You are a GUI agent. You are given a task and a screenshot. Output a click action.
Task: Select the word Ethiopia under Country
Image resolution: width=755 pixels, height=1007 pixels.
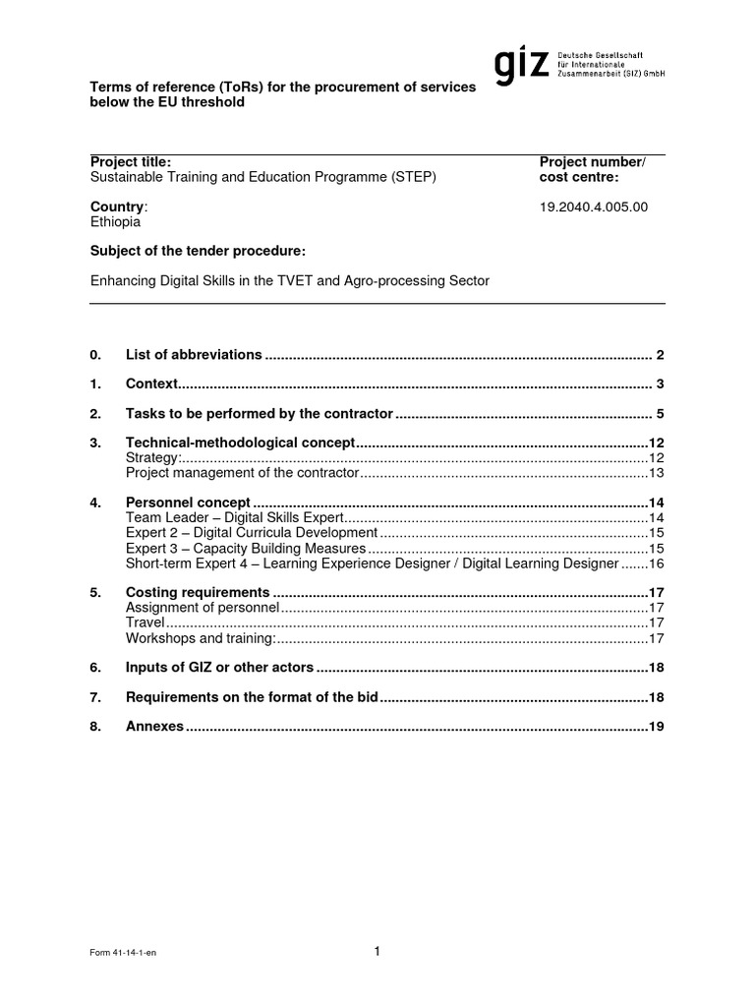point(115,222)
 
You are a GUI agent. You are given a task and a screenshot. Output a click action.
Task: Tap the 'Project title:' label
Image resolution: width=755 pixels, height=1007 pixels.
point(131,162)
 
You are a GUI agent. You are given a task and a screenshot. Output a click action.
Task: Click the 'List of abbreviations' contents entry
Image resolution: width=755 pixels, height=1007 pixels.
point(194,354)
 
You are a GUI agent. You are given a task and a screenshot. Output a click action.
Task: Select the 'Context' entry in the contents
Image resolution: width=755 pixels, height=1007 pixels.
point(151,384)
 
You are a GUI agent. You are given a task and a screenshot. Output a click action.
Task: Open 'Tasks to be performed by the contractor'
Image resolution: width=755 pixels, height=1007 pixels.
point(260,413)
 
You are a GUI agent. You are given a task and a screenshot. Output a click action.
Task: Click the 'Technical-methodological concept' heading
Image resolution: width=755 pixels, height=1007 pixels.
point(239,444)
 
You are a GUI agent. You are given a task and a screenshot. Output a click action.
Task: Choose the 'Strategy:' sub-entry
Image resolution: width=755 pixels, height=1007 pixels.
point(153,458)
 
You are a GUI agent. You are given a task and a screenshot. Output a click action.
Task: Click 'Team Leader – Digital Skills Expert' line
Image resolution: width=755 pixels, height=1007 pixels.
point(235,517)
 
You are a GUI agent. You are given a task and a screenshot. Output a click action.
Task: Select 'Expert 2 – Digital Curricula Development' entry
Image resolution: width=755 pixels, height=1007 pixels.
point(252,533)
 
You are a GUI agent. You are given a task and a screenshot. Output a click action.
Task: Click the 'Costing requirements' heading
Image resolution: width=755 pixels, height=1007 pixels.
point(198,593)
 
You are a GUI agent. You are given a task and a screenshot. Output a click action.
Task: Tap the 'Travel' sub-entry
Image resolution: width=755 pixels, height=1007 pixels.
point(145,623)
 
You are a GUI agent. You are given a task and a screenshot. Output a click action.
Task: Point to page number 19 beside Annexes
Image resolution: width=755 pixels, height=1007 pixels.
point(657,728)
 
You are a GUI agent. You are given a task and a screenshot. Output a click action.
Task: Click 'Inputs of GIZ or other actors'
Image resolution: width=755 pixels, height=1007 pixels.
point(219,668)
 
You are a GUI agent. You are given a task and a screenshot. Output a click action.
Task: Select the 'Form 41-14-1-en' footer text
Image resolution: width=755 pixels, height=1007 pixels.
point(122,955)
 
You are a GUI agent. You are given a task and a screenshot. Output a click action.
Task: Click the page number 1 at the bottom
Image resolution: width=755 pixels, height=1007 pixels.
point(377,951)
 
